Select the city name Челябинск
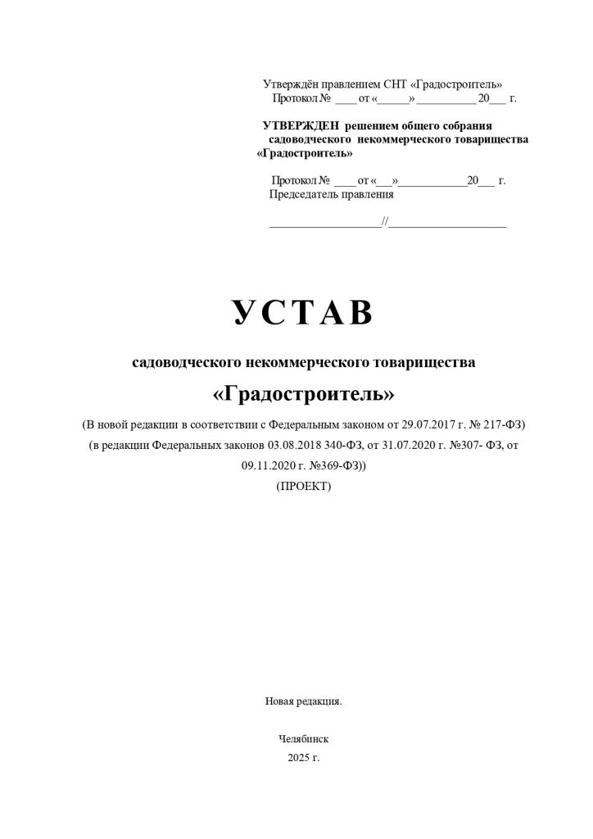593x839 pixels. [x=304, y=738]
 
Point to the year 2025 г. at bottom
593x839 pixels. [x=304, y=757]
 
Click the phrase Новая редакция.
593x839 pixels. [x=303, y=701]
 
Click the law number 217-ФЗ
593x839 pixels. [x=505, y=424]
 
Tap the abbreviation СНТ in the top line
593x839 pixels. [x=395, y=84]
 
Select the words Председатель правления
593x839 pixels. [x=332, y=195]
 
